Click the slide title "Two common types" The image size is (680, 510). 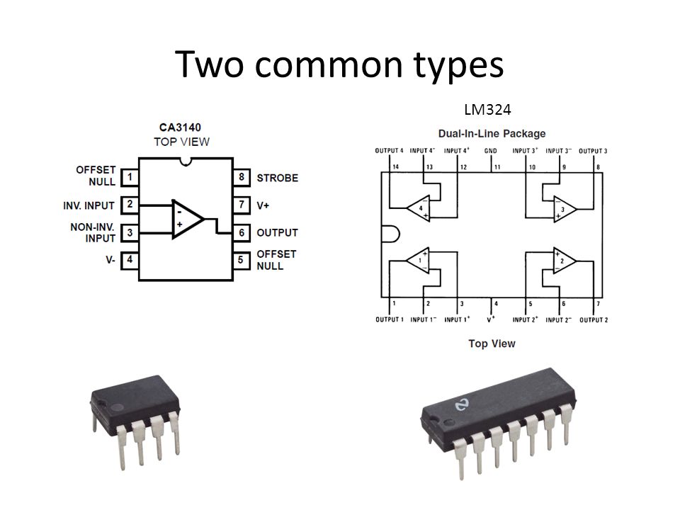point(339,64)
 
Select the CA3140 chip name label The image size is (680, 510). point(180,127)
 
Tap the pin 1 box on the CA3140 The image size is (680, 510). point(129,177)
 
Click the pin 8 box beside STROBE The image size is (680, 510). point(242,177)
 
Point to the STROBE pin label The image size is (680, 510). point(278,178)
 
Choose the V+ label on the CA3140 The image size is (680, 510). point(263,205)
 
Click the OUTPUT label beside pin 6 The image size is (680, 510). point(277,233)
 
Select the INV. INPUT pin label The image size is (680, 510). point(89,205)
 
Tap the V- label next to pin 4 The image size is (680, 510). point(110,260)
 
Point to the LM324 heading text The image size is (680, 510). point(487,109)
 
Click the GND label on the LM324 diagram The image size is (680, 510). point(490,151)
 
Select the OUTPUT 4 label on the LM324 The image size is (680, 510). point(389,151)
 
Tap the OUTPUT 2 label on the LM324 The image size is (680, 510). point(594,320)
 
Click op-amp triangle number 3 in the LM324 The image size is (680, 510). point(564,210)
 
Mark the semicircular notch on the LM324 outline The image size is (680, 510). point(391,234)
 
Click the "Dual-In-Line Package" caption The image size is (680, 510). point(492,134)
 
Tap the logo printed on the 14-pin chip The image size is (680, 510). point(463,405)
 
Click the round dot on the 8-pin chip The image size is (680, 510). point(118,408)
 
